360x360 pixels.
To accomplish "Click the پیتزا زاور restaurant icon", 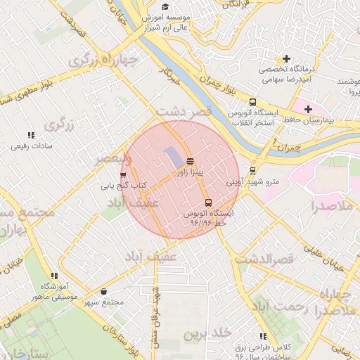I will point(191,160).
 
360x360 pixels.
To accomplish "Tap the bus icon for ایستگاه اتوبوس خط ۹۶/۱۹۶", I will point(207,202).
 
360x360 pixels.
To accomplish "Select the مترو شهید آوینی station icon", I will point(253,170).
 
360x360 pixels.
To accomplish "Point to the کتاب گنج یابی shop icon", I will point(124,175).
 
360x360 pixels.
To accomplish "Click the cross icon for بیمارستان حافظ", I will point(308,109).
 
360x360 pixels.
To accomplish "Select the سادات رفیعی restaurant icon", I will point(30,135).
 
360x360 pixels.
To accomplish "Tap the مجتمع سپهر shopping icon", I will point(104,291).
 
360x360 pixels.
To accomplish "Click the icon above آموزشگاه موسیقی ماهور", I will point(53,275).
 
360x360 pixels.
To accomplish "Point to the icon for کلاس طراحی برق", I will point(263,337).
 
